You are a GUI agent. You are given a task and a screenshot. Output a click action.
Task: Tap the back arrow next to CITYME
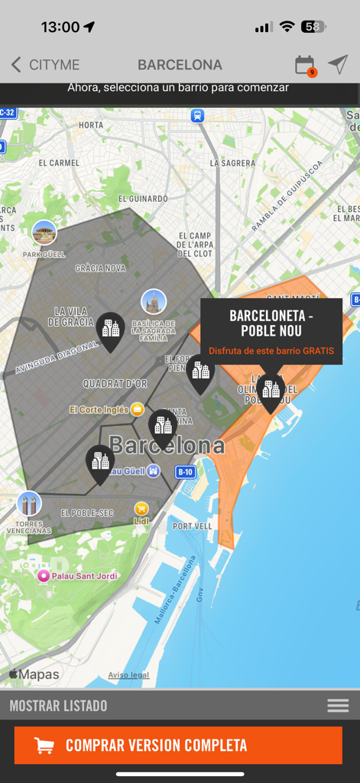pos(15,65)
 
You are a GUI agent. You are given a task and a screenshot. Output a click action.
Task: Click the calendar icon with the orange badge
pos(304,65)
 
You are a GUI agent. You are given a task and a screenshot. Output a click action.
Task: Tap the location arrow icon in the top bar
pos(338,65)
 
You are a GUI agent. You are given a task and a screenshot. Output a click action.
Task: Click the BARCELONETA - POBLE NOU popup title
pos(271,323)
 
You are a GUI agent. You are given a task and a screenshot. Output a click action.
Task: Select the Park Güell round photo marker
pos(44,232)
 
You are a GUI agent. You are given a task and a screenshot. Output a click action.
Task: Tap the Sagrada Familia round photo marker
pos(154,302)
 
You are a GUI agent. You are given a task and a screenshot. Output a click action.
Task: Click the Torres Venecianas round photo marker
pos(29,504)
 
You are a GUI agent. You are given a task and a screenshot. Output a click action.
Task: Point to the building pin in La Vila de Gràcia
pos(111,330)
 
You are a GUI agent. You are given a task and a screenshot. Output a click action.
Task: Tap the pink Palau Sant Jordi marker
pos(44,575)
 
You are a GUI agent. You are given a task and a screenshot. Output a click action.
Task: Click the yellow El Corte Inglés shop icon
pos(138,409)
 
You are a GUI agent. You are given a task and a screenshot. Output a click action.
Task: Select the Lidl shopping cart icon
pos(141,508)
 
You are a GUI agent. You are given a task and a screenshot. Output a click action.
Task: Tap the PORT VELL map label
pos(193,526)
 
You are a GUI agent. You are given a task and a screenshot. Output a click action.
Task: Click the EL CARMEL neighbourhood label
pos(59,163)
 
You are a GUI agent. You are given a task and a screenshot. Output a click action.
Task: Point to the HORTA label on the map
pos(91,125)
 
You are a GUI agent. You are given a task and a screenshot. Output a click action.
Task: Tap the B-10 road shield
pos(186,473)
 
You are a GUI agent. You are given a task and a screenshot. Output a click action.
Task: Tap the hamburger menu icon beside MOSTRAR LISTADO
pos(338,706)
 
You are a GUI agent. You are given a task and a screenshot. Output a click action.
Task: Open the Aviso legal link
pos(128,675)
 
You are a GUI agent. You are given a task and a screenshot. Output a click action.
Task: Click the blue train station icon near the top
pos(198,115)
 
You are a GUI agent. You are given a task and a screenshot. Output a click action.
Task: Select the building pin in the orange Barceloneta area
pos(271,391)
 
